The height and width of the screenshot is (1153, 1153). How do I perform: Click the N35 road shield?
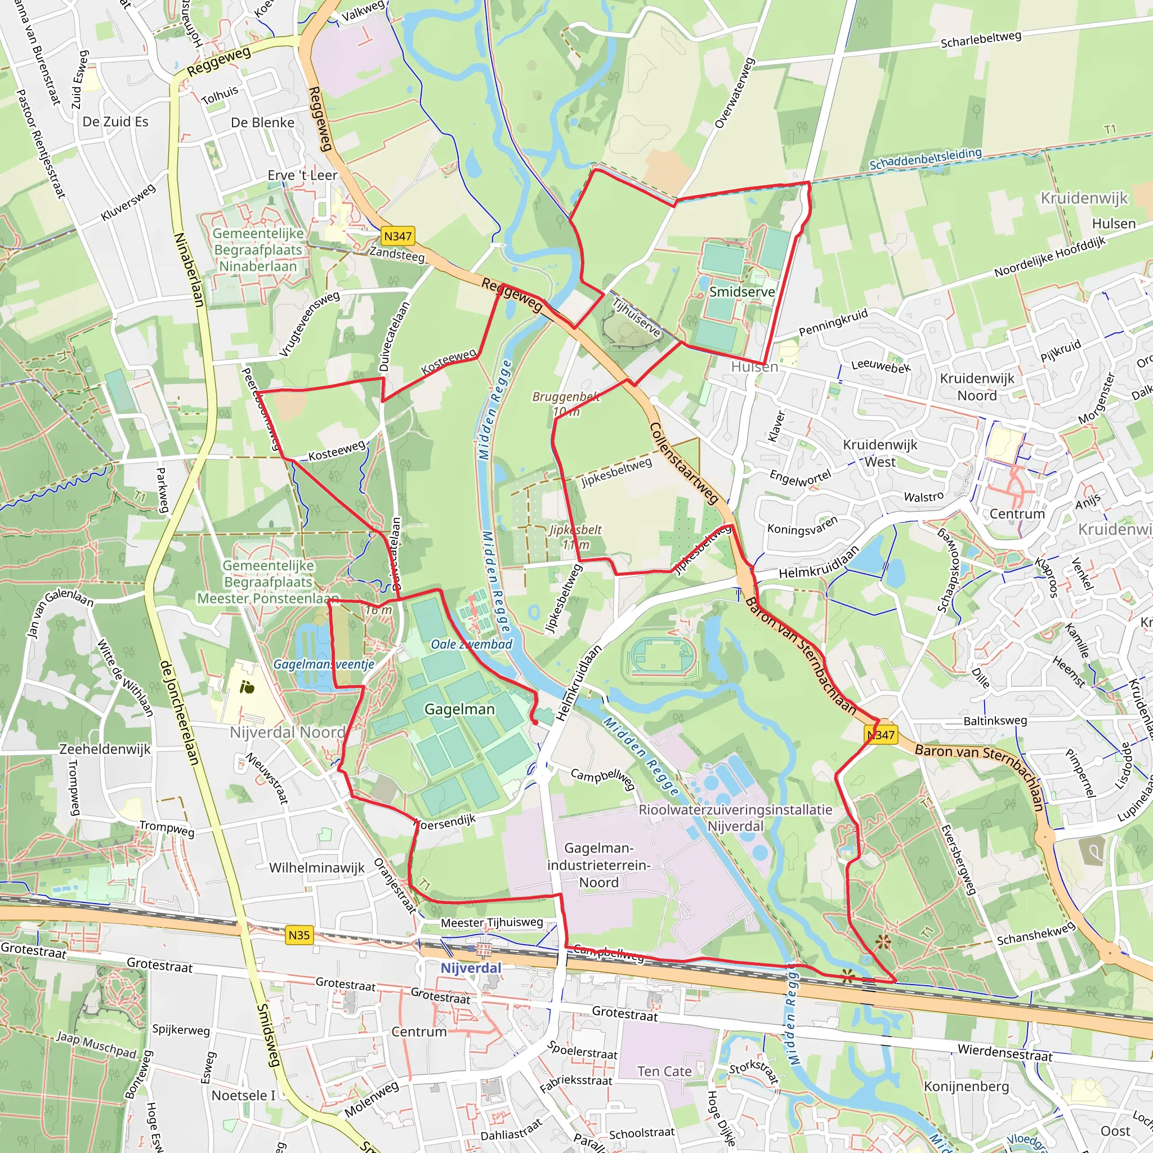click(299, 935)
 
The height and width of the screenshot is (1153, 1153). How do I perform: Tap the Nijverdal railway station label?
click(471, 968)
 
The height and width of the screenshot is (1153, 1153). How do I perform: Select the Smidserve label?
click(742, 292)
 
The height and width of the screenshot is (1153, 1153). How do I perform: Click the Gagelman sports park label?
click(459, 709)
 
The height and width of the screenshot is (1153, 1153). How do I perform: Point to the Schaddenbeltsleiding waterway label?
click(925, 159)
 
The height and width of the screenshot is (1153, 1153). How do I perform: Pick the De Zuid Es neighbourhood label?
click(115, 122)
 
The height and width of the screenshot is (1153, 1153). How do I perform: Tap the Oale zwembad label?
click(471, 644)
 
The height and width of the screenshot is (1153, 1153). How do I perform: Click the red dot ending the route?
click(535, 723)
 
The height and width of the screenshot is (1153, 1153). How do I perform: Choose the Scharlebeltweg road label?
click(981, 39)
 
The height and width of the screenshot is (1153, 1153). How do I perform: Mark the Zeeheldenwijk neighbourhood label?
click(105, 749)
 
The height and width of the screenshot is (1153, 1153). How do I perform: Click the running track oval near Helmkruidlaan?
click(663, 658)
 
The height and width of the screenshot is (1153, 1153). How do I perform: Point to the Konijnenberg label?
click(966, 1086)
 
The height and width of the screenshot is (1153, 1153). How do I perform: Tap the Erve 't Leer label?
click(302, 175)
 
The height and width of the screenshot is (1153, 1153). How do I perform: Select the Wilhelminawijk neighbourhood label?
click(316, 868)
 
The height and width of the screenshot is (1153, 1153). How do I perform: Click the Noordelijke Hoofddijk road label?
click(1050, 257)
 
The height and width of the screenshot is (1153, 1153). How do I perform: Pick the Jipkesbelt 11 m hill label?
click(575, 537)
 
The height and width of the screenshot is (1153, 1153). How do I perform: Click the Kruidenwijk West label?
click(881, 453)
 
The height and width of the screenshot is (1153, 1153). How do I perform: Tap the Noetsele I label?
click(243, 1095)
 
